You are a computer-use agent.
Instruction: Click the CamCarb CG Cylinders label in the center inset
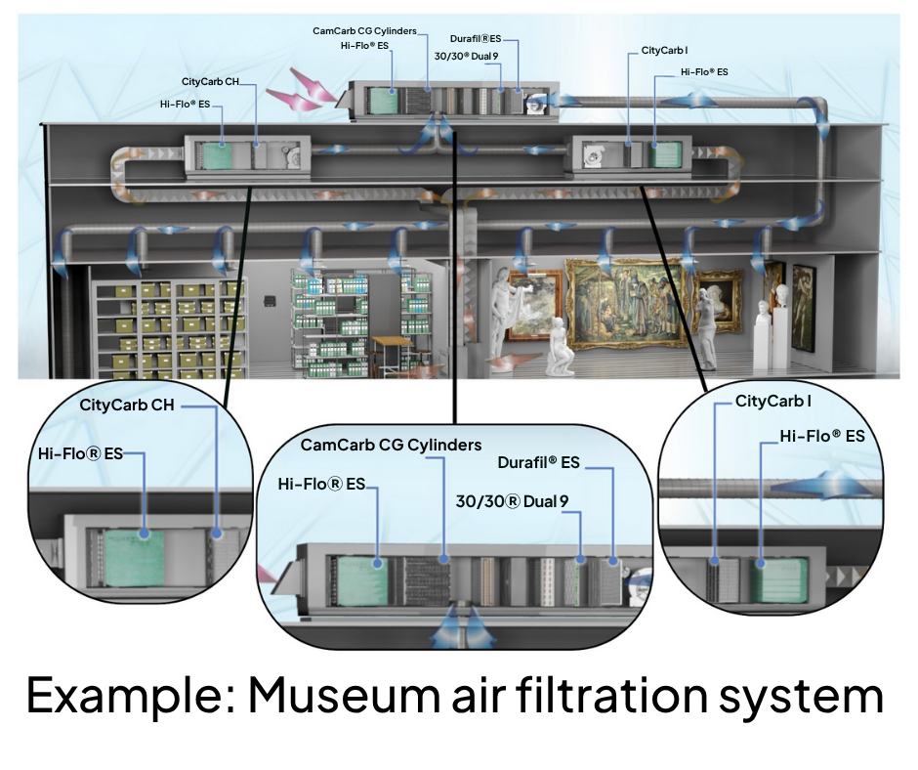click(391, 446)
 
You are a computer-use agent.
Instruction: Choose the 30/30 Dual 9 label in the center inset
click(512, 501)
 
